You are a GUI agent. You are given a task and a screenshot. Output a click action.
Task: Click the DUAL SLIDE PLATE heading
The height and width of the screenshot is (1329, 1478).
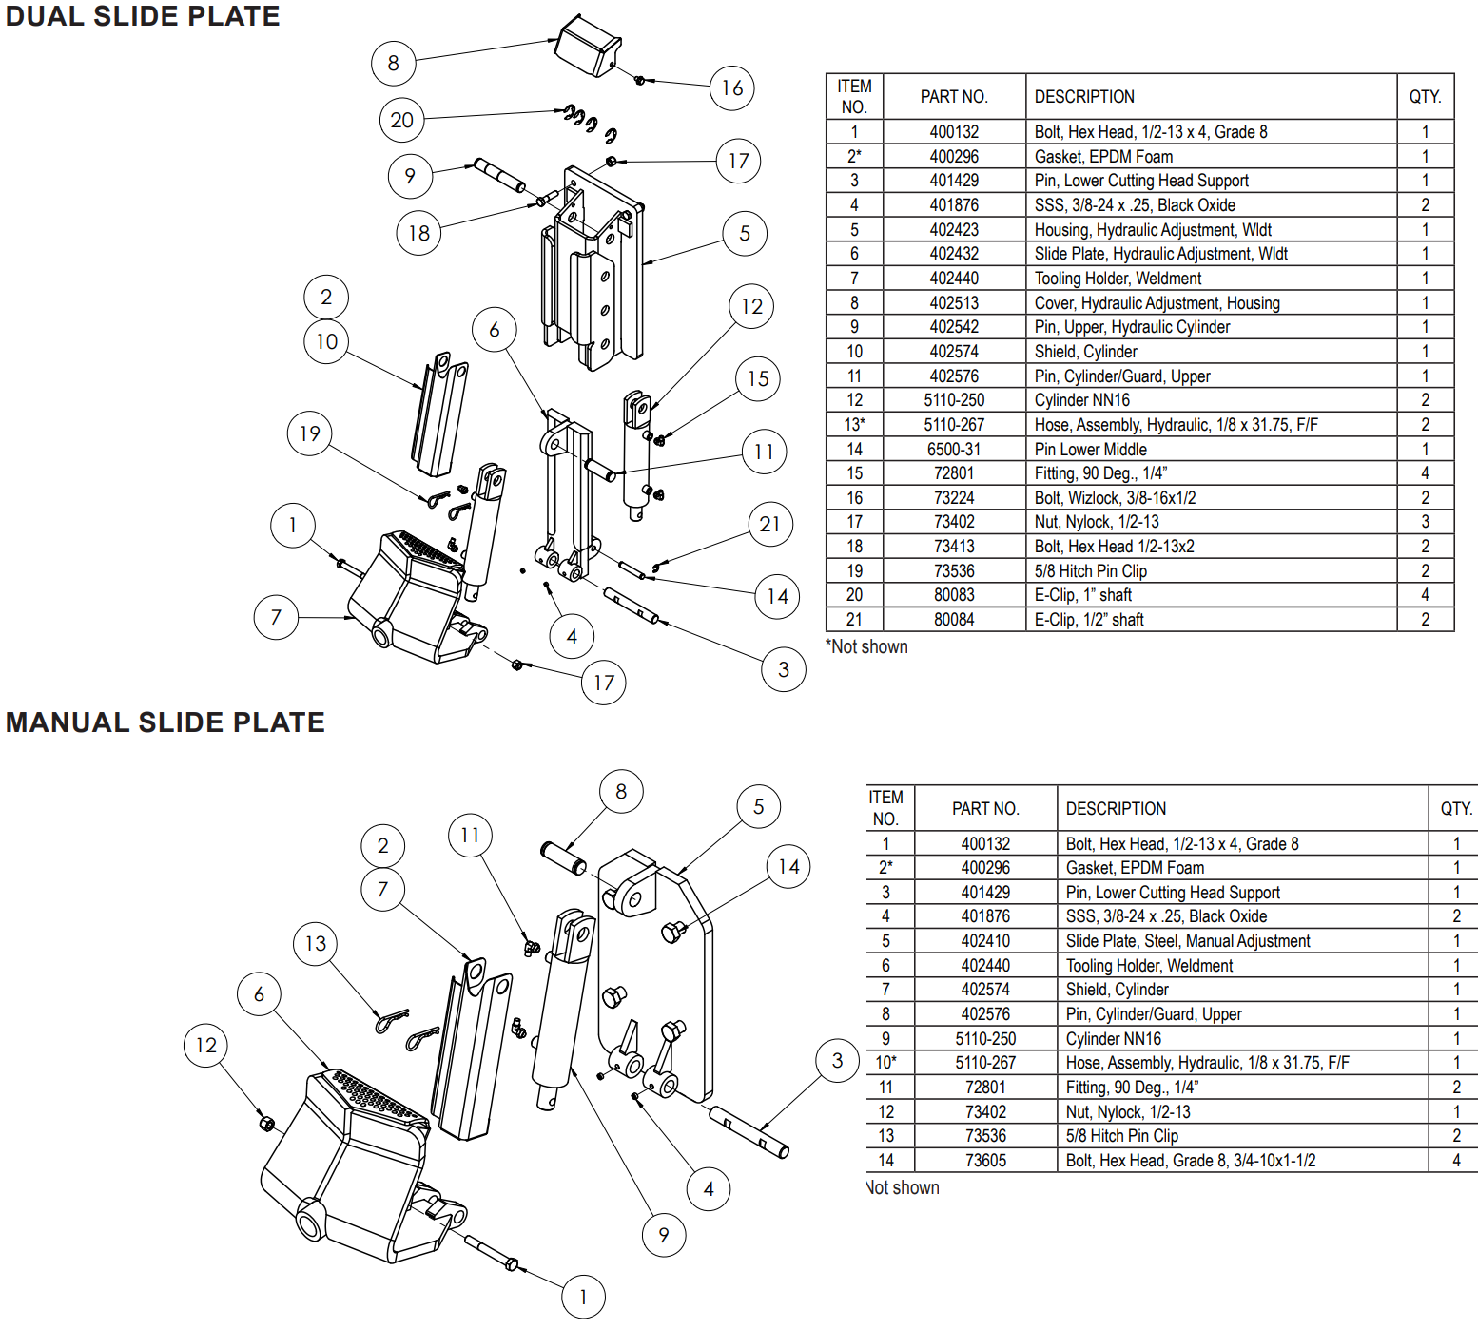coord(143,17)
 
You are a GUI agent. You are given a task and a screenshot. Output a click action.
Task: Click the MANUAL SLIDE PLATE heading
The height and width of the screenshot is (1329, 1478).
coord(165,722)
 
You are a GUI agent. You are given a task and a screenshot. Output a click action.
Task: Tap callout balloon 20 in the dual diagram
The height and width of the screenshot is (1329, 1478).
coord(401,121)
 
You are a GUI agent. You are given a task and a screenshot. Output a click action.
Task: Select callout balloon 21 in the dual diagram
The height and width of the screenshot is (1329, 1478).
coord(769,525)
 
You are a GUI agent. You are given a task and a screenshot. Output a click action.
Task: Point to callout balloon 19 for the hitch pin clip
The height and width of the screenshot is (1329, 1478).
coord(309,434)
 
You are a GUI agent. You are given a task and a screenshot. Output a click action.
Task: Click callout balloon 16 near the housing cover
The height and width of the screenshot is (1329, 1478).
coord(731,88)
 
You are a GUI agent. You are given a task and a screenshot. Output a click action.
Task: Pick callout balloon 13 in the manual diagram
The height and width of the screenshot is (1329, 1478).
coord(315,944)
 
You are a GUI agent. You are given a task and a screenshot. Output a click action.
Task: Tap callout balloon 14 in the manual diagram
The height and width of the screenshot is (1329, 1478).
coord(788,867)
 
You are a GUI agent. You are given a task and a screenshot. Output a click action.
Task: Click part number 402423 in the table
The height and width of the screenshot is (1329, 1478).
coord(954,230)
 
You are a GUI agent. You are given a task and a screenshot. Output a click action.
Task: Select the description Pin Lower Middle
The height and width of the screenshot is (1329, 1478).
coord(1090,450)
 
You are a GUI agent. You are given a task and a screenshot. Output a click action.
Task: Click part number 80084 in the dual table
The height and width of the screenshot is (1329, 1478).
coord(954,620)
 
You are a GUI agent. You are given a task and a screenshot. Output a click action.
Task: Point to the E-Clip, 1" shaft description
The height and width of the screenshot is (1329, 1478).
coord(1082,595)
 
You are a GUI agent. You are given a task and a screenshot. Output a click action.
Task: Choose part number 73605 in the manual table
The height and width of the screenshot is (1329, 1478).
coord(985,1161)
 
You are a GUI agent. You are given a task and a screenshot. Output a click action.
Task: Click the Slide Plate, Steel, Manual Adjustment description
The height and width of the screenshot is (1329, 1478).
coord(1187,941)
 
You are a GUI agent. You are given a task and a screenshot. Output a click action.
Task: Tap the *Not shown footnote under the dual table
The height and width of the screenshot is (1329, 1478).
coord(866,647)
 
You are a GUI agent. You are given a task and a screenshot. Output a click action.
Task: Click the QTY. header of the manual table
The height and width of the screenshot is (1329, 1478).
coord(1455,809)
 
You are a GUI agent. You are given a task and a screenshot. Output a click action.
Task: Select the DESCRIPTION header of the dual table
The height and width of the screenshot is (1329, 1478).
coord(1084,97)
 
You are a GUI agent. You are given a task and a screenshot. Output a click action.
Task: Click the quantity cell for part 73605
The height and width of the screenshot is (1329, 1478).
coord(1455,1161)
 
